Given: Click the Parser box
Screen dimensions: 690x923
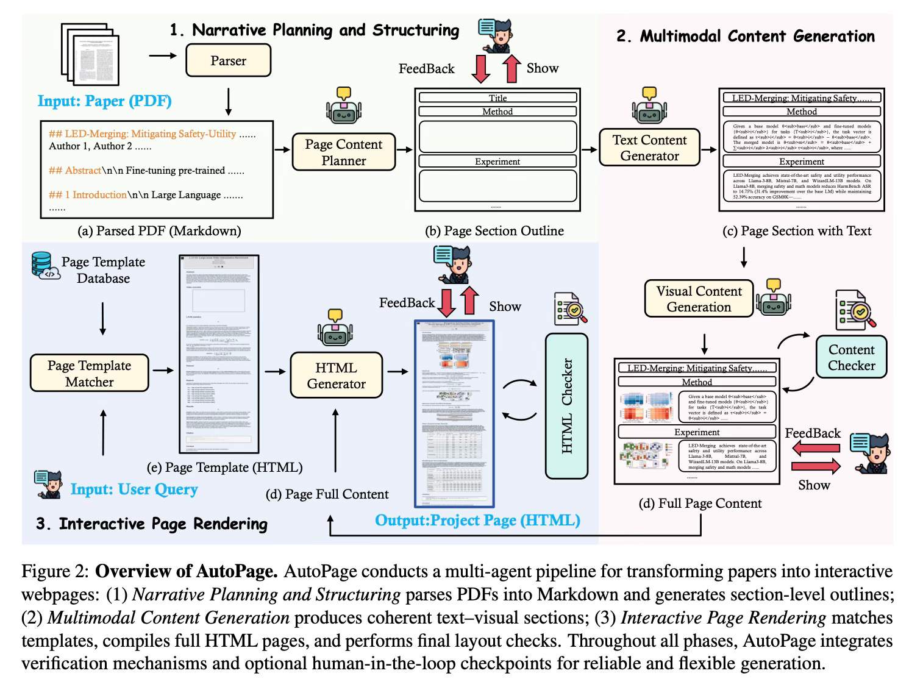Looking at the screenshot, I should click(x=228, y=61).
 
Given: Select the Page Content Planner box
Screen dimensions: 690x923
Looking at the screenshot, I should click(x=344, y=152).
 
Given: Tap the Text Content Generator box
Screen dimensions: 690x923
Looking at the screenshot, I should click(x=649, y=148).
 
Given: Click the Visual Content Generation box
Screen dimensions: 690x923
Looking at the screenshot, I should click(x=699, y=299).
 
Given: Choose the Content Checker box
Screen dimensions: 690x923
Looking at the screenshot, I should click(x=851, y=357).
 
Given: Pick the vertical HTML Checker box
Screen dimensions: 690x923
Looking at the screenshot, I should click(x=566, y=405).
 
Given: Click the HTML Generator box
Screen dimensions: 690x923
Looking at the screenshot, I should click(x=336, y=375).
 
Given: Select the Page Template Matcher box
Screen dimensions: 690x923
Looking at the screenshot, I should click(x=89, y=374).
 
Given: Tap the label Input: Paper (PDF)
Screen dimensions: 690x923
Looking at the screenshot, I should click(x=105, y=101).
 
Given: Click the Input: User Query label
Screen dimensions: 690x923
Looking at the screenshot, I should click(x=134, y=489).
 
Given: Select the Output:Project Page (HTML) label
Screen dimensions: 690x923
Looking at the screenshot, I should click(x=477, y=521).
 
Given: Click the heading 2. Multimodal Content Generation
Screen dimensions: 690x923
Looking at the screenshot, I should click(x=745, y=36).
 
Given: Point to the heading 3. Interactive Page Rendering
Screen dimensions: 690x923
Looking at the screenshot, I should click(x=151, y=524).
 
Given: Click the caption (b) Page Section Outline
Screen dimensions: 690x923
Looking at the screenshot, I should click(x=494, y=231).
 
